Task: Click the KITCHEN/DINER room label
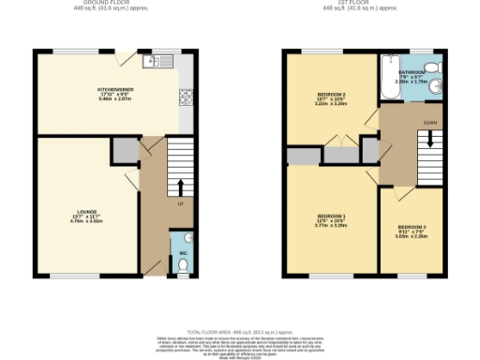(x=118, y=91)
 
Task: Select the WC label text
(x=183, y=252)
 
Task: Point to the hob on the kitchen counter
(x=185, y=97)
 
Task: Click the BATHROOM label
(x=412, y=71)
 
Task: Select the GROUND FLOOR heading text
(x=117, y=4)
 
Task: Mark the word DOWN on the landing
(x=429, y=122)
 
